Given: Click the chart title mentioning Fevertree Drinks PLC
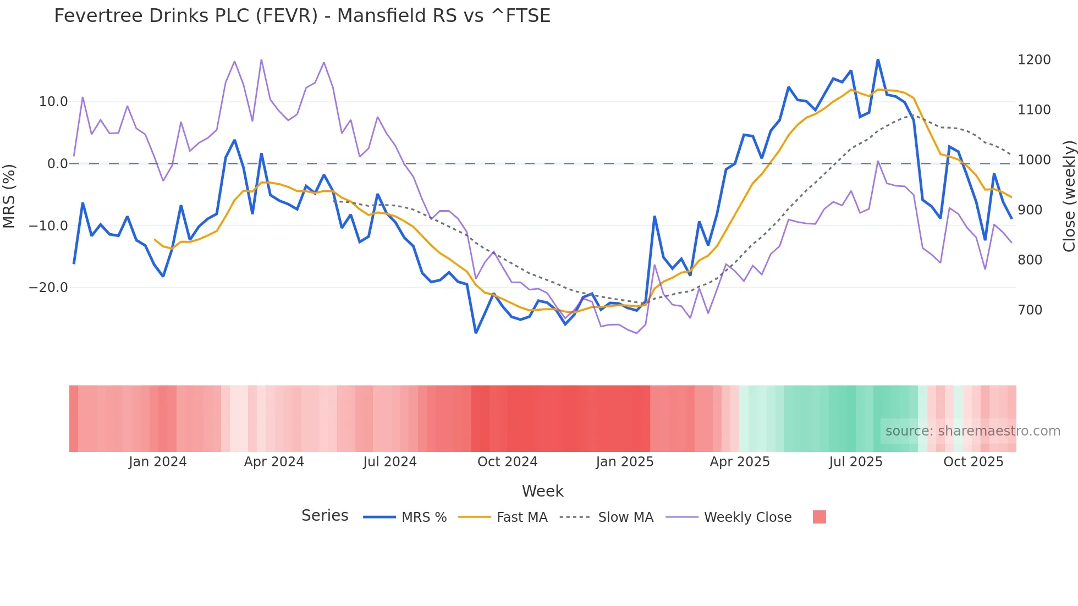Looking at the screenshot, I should [302, 16].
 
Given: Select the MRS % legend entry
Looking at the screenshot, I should [424, 517].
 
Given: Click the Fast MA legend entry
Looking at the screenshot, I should [521, 517].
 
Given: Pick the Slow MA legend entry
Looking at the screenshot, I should [625, 517].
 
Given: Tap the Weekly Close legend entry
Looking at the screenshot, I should [747, 517].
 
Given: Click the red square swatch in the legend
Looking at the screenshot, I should [819, 517].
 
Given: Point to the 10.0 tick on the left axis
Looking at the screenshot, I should [53, 102].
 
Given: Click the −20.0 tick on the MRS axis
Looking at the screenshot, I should [48, 288].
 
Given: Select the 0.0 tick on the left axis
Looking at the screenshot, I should [57, 164].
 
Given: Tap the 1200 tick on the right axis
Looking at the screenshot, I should [1034, 60].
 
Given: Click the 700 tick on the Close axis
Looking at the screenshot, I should [1030, 310].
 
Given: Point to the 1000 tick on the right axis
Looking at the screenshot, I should [1034, 160].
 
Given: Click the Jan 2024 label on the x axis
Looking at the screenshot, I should [158, 462].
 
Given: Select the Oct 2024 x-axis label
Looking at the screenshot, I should [507, 462].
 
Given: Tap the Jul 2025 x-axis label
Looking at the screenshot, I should [856, 462].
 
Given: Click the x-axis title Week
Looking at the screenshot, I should [542, 491].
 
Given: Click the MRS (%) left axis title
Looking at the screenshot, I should [9, 196].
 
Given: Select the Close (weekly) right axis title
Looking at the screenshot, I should [1069, 196].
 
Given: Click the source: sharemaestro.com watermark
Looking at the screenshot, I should [972, 431].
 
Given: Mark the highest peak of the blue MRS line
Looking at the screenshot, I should [878, 60].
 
